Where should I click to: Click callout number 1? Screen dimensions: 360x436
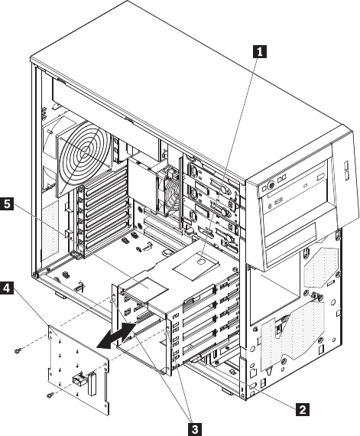point(259,51)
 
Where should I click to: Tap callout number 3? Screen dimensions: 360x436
point(195,428)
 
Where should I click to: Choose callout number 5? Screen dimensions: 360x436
point(7,203)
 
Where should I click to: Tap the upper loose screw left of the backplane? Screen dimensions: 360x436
point(18,351)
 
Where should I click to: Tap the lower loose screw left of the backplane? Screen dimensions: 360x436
point(50,394)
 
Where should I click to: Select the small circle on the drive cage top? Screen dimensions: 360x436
point(202,262)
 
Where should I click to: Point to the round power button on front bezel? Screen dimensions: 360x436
point(271,185)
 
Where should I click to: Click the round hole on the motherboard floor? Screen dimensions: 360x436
point(167,252)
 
